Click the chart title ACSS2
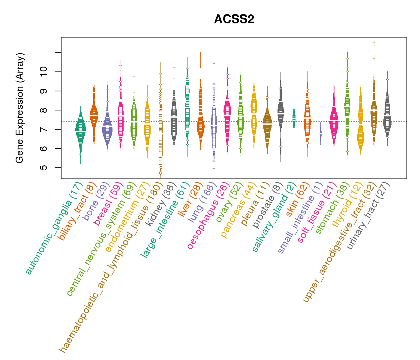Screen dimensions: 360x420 [234, 19]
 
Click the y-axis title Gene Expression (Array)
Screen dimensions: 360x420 [20, 108]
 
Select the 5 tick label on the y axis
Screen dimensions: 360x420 [44, 167]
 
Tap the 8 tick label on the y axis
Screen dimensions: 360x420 [44, 110]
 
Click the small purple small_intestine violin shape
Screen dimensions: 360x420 [321, 134]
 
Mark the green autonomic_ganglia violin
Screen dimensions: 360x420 [80, 132]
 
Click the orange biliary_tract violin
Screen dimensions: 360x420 [94, 115]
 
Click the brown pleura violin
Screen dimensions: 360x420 [267, 123]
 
